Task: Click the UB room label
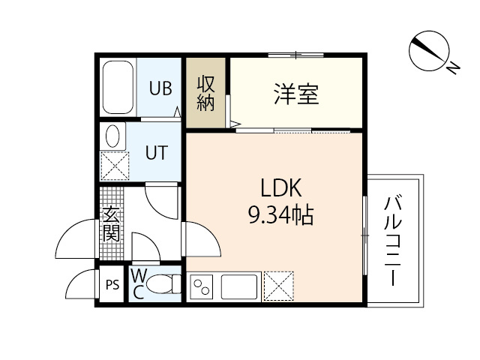click(160, 88)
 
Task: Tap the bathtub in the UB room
click(118, 88)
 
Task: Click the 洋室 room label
click(295, 95)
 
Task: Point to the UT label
click(155, 152)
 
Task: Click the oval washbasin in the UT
click(112, 136)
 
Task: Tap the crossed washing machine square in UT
click(113, 166)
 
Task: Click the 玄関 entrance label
click(111, 223)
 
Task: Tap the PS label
click(112, 285)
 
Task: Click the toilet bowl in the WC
click(160, 285)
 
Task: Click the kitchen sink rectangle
click(239, 286)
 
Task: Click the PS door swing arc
click(78, 283)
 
